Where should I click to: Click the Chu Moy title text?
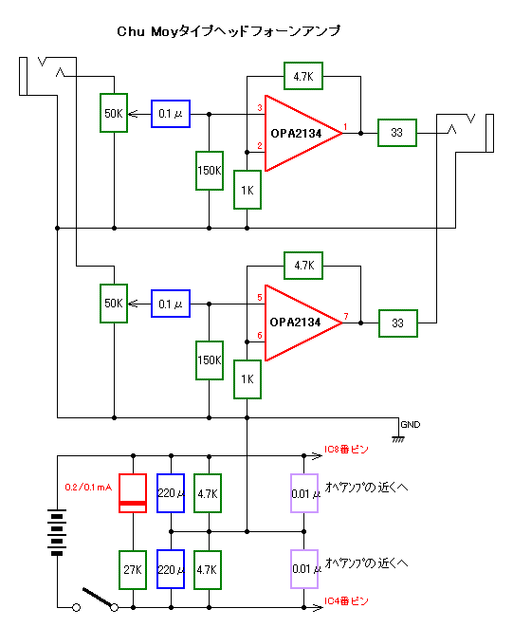click(229, 31)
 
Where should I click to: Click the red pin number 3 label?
click(260, 107)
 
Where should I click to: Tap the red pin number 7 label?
click(346, 316)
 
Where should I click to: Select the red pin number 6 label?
click(260, 335)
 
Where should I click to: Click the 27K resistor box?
click(133, 570)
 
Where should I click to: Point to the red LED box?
click(133, 493)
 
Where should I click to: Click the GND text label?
click(411, 425)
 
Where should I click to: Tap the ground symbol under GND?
click(398, 438)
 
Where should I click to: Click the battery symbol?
click(57, 532)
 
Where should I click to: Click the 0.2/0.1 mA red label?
click(88, 487)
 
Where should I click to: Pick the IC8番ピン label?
click(346, 450)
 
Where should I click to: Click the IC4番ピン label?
click(346, 601)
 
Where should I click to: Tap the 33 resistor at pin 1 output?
click(397, 133)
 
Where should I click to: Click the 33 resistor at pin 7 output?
click(398, 323)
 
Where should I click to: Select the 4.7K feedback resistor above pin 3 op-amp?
click(303, 76)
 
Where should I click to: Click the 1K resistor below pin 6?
click(247, 379)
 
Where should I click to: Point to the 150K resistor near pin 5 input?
click(210, 360)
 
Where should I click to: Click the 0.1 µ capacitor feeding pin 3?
click(171, 114)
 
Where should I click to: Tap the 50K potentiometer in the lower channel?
click(114, 304)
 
